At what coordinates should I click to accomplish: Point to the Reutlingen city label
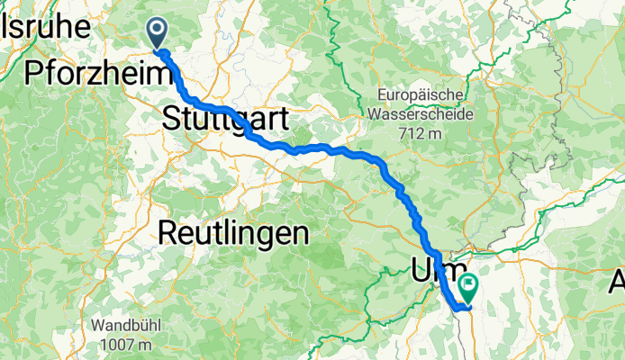tap(232, 234)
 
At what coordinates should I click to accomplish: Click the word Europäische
tap(421, 94)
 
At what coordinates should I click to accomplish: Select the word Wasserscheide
tap(421, 114)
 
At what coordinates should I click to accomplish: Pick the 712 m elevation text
tap(421, 133)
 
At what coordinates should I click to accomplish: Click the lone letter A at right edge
tap(617, 281)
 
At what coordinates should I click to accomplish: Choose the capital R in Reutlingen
tap(168, 234)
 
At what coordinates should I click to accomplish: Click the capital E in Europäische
tap(382, 94)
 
